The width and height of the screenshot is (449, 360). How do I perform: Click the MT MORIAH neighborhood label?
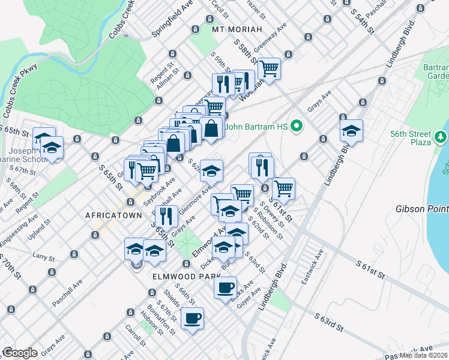point(237,29)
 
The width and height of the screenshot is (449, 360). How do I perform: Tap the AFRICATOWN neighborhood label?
point(113,215)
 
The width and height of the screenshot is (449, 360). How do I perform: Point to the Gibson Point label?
point(421,209)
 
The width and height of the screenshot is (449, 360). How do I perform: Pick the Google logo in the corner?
point(20,353)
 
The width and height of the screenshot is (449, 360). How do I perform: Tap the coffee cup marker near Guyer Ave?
point(226,287)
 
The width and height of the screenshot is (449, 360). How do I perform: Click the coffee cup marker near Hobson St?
point(192,318)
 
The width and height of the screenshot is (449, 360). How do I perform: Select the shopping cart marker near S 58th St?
point(270,69)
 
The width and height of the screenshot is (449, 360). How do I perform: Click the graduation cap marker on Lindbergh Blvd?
point(351,131)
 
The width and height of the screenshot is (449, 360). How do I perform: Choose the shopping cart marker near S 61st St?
point(283,188)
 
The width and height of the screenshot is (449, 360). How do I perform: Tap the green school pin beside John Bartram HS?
point(296,127)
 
